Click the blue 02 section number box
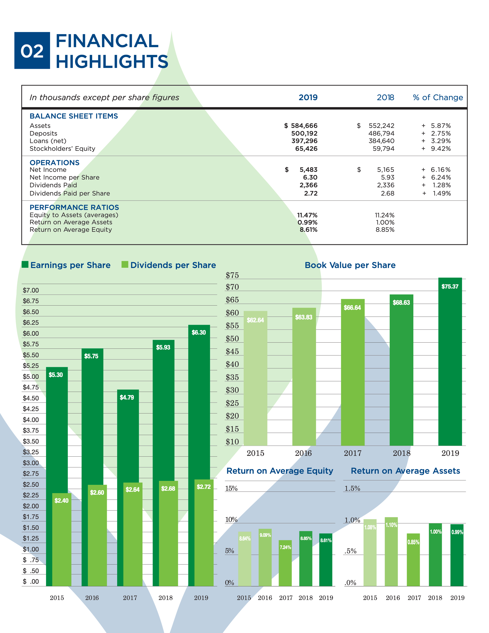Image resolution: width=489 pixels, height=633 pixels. (32, 50)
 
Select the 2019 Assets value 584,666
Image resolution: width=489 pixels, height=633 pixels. (304, 125)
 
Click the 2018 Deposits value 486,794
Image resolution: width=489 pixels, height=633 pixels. (381, 133)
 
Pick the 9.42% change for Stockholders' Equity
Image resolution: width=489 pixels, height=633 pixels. (441, 149)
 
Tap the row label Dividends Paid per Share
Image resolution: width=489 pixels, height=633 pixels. (70, 193)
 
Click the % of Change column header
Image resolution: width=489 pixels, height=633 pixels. (438, 98)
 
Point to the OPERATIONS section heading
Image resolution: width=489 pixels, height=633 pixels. (54, 163)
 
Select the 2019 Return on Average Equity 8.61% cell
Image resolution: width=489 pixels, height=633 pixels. (308, 230)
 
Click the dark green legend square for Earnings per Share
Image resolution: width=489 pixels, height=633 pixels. (25, 264)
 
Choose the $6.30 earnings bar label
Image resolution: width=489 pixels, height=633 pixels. (199, 332)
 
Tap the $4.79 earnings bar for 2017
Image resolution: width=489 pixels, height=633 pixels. (128, 435)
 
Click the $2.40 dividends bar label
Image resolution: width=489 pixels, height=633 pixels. (62, 501)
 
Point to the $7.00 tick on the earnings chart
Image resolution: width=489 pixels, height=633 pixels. (31, 290)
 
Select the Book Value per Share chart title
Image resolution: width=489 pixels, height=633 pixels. (350, 265)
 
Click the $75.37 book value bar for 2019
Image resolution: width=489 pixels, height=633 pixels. (450, 362)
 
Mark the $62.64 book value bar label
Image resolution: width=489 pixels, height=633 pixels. (255, 320)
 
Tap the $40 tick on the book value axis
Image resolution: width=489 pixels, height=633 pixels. (232, 364)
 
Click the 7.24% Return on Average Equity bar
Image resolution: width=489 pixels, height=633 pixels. (285, 564)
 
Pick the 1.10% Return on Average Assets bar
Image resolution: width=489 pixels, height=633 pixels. (391, 552)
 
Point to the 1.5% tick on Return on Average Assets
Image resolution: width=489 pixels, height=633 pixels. (352, 488)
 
